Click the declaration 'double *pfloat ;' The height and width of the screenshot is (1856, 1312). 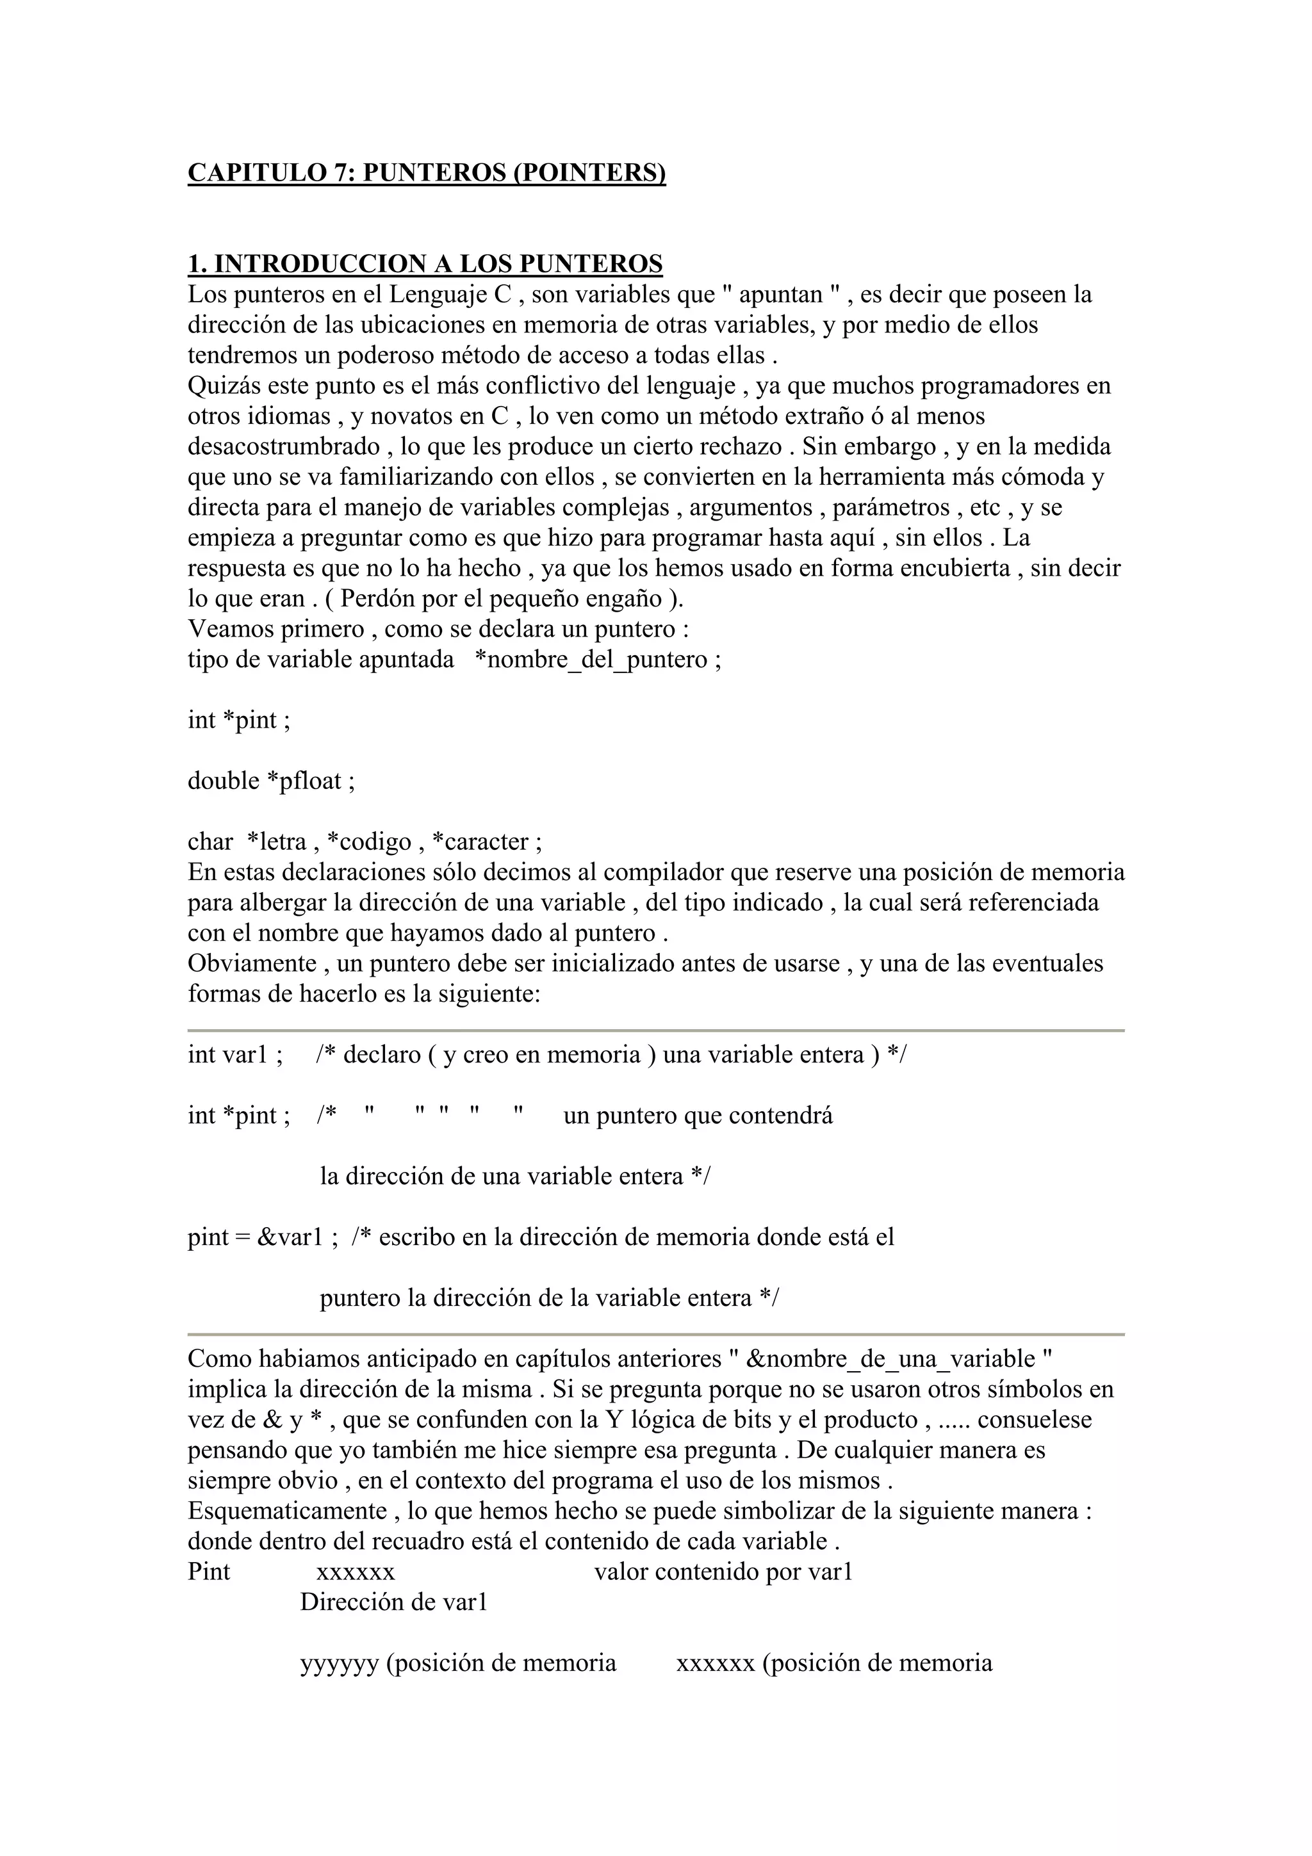[271, 781]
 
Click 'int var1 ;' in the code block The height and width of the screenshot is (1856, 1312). [234, 1055]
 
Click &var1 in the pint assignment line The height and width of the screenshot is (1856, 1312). [290, 1237]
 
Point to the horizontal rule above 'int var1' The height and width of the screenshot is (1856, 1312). [655, 1030]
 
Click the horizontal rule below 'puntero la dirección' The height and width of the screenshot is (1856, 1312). [655, 1335]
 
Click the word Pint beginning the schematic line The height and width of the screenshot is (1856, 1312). [209, 1572]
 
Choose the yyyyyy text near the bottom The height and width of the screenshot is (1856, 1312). [339, 1663]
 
